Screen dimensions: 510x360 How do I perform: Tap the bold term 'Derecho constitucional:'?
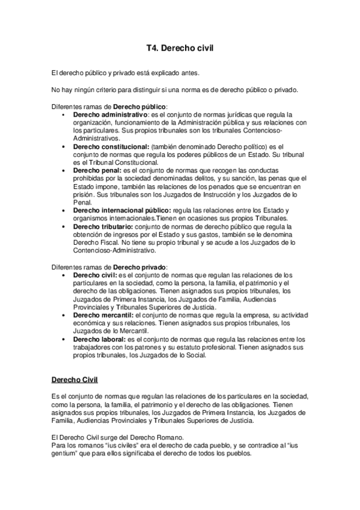[111, 146]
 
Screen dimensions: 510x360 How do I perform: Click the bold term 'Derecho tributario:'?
[103, 226]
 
